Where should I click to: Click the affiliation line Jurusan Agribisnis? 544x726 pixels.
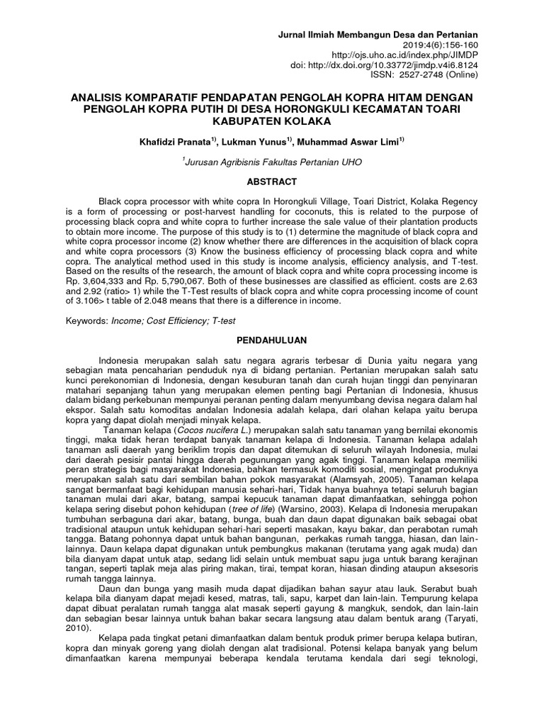(x=272, y=162)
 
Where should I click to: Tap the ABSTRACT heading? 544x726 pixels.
(x=272, y=182)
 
